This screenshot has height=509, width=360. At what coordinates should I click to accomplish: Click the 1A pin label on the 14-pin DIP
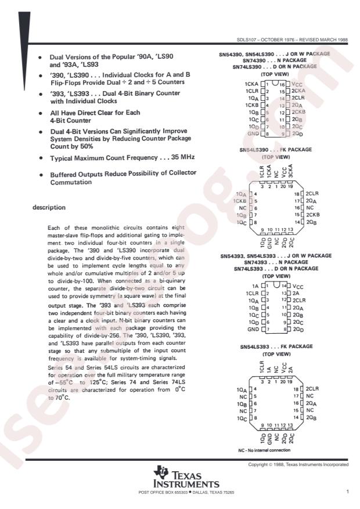(254, 286)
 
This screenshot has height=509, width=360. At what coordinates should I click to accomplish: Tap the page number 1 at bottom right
(346, 492)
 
